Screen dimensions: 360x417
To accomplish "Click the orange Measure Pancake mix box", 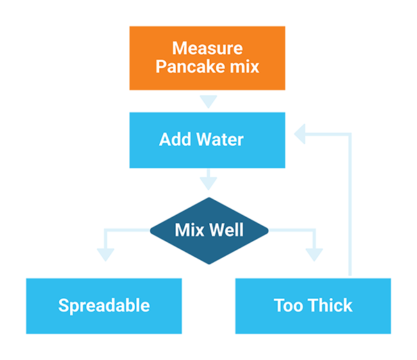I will (x=208, y=57).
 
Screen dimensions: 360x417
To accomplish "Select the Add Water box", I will (x=208, y=138).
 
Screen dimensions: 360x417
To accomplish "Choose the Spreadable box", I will (x=104, y=304).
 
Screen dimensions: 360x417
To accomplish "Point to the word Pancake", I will (x=195, y=67).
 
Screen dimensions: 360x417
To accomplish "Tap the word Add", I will (x=175, y=138).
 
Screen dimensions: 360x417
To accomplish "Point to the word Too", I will (x=288, y=304).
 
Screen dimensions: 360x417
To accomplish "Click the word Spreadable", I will (x=104, y=304).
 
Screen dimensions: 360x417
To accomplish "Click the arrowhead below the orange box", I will (x=208, y=102).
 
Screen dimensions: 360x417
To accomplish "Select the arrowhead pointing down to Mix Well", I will (x=208, y=183).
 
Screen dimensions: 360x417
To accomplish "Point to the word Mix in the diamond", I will (x=190, y=230).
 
